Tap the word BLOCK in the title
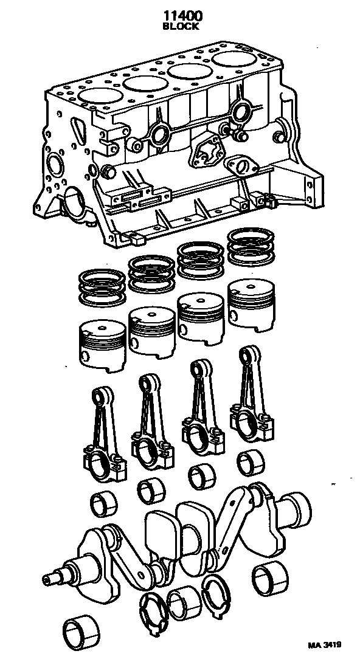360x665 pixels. [x=181, y=26]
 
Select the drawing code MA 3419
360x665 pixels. [x=324, y=645]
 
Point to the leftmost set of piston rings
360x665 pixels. [x=102, y=287]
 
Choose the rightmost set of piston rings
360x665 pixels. [x=251, y=246]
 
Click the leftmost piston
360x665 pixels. [x=103, y=346]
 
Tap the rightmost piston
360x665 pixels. [x=251, y=304]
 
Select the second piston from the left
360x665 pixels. [x=151, y=332]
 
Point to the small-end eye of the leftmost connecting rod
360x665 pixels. [x=102, y=396]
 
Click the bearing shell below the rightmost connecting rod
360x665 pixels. [x=251, y=463]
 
